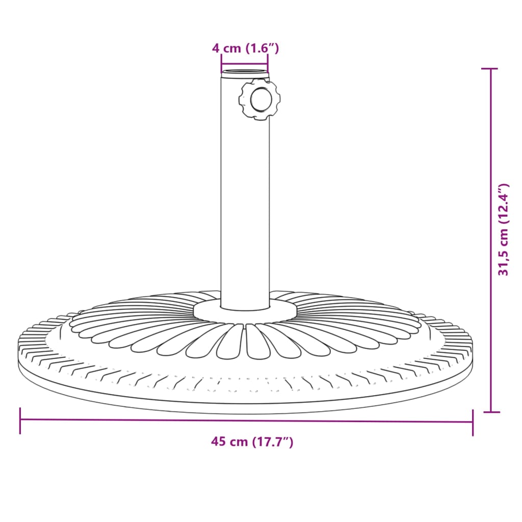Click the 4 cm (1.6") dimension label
245,48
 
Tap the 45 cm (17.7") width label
252,442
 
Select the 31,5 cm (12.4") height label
504,230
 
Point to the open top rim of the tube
245,72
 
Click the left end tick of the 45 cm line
20,420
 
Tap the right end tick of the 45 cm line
473,422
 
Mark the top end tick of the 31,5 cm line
490,69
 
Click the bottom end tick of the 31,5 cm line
490,411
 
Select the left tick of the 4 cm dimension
221,64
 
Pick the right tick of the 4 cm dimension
268,64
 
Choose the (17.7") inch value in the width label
273,442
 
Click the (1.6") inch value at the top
263,48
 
